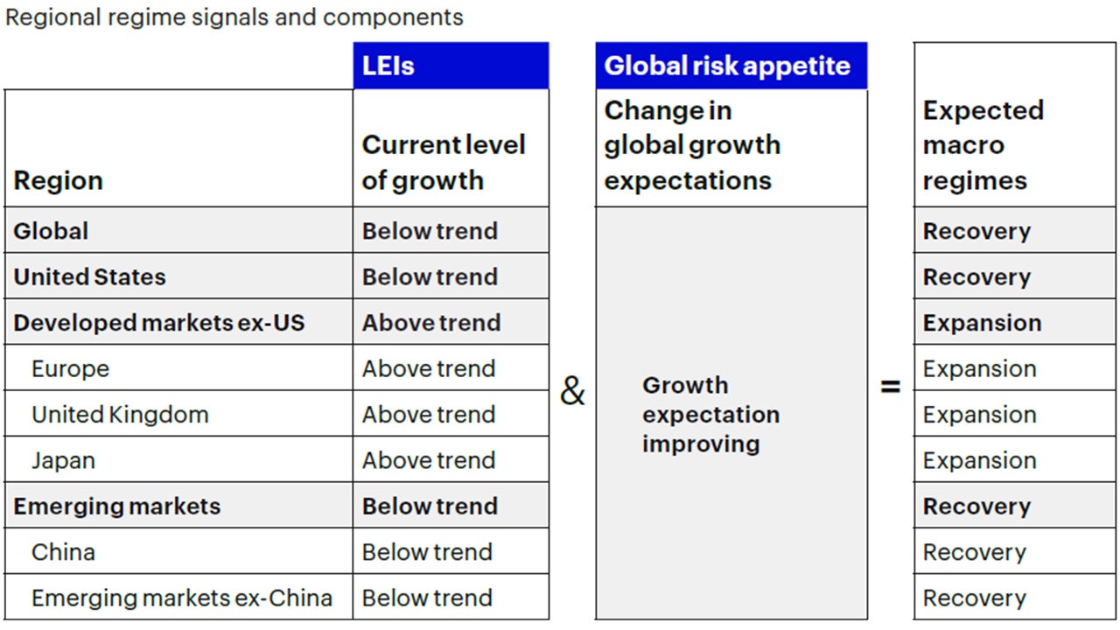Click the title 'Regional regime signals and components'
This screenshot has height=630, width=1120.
coord(234,17)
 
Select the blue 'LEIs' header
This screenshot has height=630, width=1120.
coord(388,66)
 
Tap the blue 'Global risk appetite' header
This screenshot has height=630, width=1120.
coord(727,66)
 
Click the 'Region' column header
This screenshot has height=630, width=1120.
coord(59,180)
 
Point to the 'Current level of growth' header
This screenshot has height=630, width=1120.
coord(444,162)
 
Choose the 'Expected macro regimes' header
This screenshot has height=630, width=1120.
coord(983,145)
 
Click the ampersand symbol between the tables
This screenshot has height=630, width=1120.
coord(572,392)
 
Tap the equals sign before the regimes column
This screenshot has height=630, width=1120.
coord(891,386)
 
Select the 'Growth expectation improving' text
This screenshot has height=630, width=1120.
coord(710,415)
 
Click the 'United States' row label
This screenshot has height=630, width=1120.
coord(89,276)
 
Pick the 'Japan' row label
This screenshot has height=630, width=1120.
coord(63,460)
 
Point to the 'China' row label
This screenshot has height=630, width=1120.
coord(63,552)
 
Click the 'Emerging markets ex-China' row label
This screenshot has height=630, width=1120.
coord(182,598)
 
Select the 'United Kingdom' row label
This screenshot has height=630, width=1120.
coord(120,415)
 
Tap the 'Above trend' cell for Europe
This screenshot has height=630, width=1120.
coord(429,368)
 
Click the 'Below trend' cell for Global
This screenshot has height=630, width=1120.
coord(430,231)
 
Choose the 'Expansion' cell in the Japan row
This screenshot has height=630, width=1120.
coord(979,460)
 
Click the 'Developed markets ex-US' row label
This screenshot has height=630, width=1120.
coord(159,323)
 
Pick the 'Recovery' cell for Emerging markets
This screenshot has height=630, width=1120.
coord(976,507)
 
